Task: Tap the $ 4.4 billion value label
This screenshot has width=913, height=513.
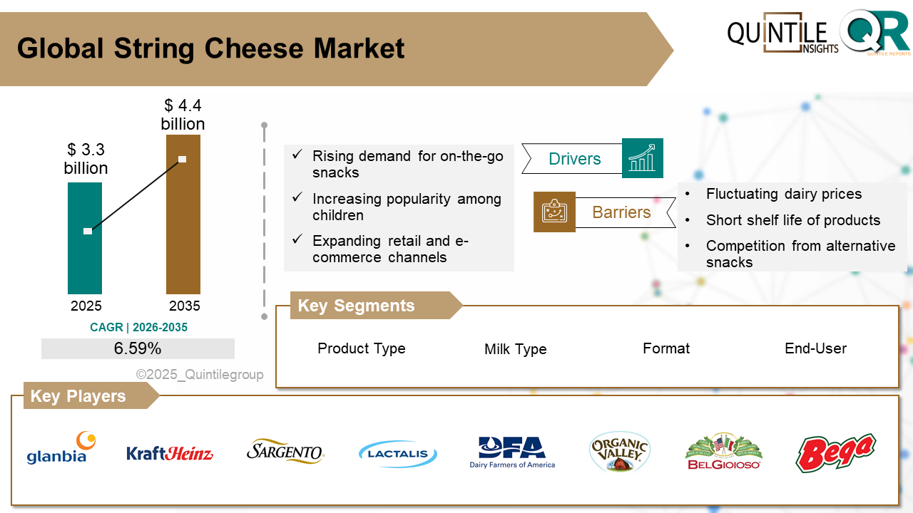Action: [x=183, y=115]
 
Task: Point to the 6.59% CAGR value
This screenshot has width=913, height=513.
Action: [x=138, y=348]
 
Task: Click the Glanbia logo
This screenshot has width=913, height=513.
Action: [x=61, y=448]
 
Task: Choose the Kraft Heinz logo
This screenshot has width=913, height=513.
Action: [x=170, y=453]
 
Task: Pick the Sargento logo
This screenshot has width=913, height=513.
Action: [x=285, y=451]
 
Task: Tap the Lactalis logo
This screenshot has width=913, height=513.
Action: [x=398, y=454]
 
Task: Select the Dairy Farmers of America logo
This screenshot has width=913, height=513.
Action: [x=512, y=452]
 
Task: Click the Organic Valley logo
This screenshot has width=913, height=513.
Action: [x=620, y=452]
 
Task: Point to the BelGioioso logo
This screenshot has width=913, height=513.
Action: [x=723, y=451]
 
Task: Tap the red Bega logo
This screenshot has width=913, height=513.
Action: [x=835, y=452]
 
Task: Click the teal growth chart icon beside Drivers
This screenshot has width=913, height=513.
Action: [x=642, y=158]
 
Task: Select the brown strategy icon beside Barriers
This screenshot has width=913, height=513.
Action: [x=554, y=212]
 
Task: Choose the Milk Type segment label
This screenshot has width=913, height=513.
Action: [x=515, y=349]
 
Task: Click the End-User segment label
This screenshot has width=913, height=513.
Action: [x=815, y=348]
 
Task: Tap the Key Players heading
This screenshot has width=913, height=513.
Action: [x=78, y=396]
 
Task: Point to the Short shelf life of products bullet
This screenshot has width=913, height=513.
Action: [x=792, y=220]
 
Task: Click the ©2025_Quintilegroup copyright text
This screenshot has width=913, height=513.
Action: [x=200, y=375]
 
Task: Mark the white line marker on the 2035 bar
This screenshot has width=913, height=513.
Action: [x=182, y=159]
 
